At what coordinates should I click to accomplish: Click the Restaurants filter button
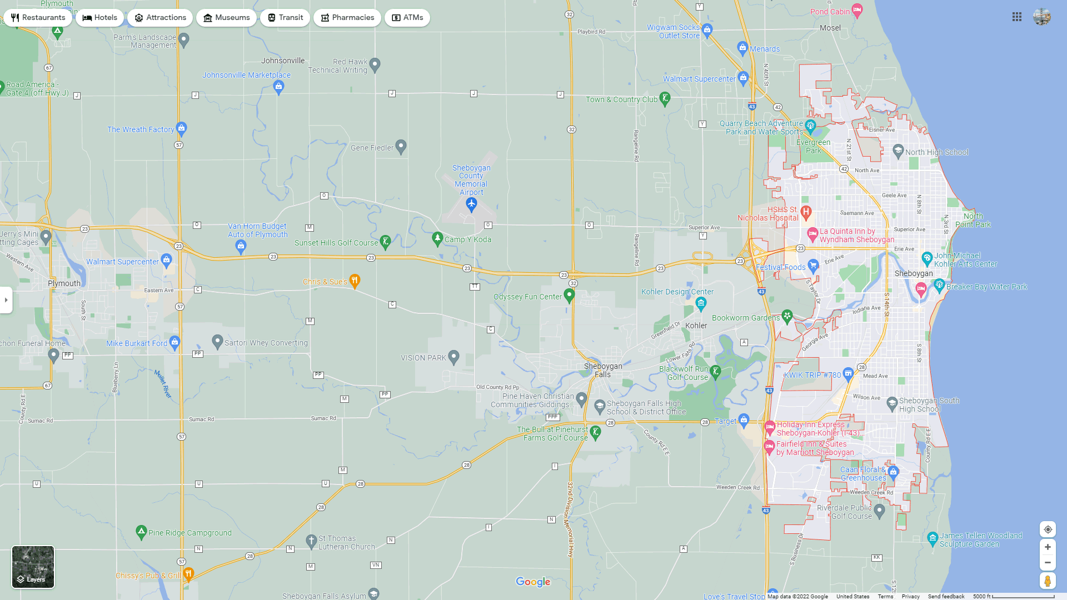[38, 18]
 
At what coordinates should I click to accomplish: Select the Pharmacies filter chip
[347, 18]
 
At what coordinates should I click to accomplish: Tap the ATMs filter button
[407, 18]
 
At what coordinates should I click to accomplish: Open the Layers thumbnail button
[33, 567]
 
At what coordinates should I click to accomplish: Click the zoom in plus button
[1048, 547]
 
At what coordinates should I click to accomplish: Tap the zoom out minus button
[1048, 563]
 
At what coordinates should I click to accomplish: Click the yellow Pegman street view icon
[1048, 581]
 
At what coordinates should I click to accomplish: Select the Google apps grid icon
[1017, 17]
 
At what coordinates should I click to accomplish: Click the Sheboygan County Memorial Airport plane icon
[471, 205]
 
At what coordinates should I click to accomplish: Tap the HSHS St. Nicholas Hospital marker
[806, 212]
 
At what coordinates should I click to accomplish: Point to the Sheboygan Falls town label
[603, 370]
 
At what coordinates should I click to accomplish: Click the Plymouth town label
[64, 283]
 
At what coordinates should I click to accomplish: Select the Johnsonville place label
[283, 61]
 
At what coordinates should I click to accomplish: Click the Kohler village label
[696, 326]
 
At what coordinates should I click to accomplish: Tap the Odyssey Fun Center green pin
[569, 295]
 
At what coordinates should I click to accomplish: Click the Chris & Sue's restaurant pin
[355, 281]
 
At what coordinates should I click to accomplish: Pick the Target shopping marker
[744, 420]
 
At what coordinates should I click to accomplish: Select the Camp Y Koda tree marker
[437, 239]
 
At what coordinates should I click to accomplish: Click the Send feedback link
[946, 597]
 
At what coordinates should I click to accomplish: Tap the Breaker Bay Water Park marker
[939, 286]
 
